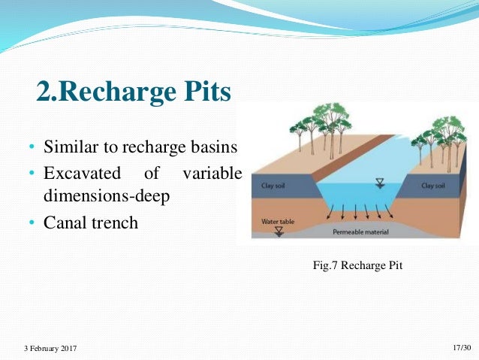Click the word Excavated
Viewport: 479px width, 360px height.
coord(82,174)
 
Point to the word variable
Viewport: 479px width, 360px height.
coord(211,174)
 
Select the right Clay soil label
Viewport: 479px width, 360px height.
coord(433,185)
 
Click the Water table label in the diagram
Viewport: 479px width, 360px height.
coord(275,222)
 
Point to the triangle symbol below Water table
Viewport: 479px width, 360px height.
coord(279,232)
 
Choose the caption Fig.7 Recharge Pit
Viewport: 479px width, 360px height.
coord(357,265)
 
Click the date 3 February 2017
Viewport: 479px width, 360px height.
coord(50,348)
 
